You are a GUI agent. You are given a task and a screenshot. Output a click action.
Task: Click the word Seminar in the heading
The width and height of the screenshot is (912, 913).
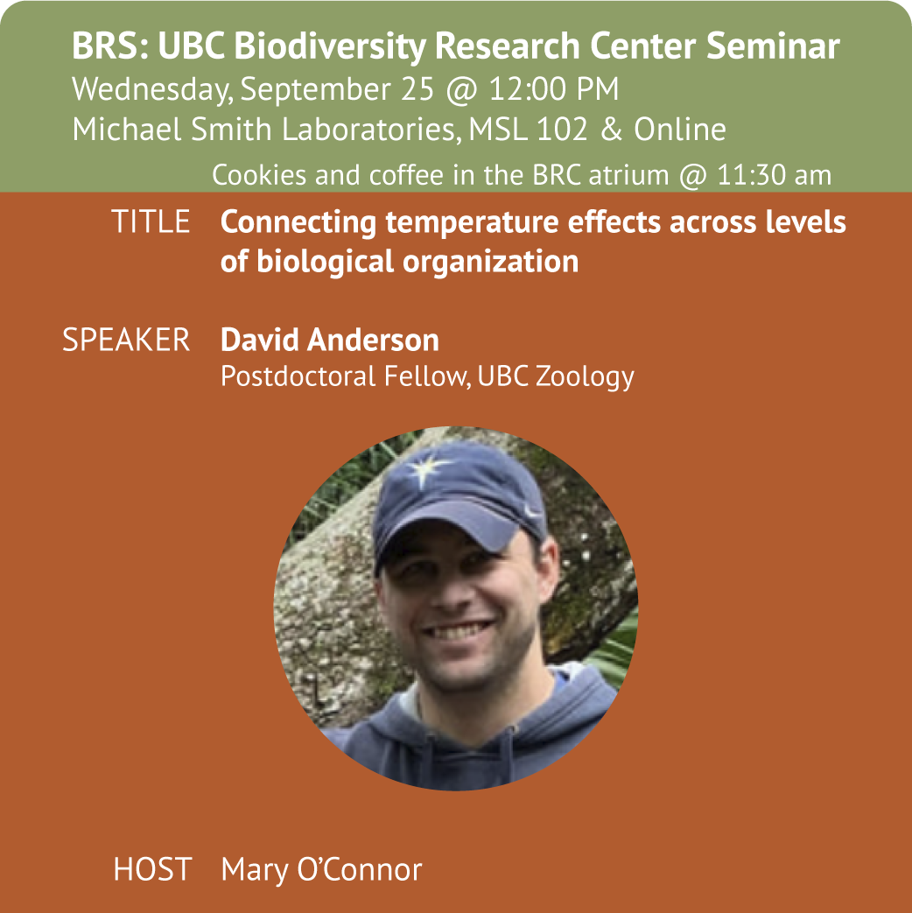[773, 46]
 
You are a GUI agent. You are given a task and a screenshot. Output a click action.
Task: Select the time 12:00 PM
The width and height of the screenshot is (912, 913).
[553, 89]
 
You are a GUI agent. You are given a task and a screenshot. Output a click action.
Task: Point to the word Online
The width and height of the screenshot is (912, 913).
[680, 129]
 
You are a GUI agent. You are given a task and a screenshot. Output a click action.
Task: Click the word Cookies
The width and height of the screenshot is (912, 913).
[259, 175]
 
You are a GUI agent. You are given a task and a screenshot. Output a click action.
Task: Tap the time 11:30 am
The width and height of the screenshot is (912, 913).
[774, 175]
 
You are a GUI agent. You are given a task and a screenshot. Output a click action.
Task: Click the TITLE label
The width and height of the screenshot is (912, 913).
[151, 221]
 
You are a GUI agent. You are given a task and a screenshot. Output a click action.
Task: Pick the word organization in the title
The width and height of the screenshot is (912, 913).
[490, 262]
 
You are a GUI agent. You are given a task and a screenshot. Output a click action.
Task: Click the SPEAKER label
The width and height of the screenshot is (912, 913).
[126, 340]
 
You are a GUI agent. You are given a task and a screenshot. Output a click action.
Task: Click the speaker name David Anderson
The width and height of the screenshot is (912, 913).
[330, 340]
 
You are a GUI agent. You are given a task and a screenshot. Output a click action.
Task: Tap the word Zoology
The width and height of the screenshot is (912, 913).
[585, 376]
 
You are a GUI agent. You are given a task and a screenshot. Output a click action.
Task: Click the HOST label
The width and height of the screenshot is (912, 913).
[152, 869]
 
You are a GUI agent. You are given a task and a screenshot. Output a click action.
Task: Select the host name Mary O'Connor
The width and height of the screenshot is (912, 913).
[321, 870]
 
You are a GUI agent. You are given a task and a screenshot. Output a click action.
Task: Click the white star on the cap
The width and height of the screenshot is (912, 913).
[428, 468]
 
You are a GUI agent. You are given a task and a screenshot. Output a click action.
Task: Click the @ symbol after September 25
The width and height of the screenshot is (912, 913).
[461, 90]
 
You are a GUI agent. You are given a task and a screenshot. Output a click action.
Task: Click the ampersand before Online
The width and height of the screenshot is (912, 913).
[611, 129]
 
